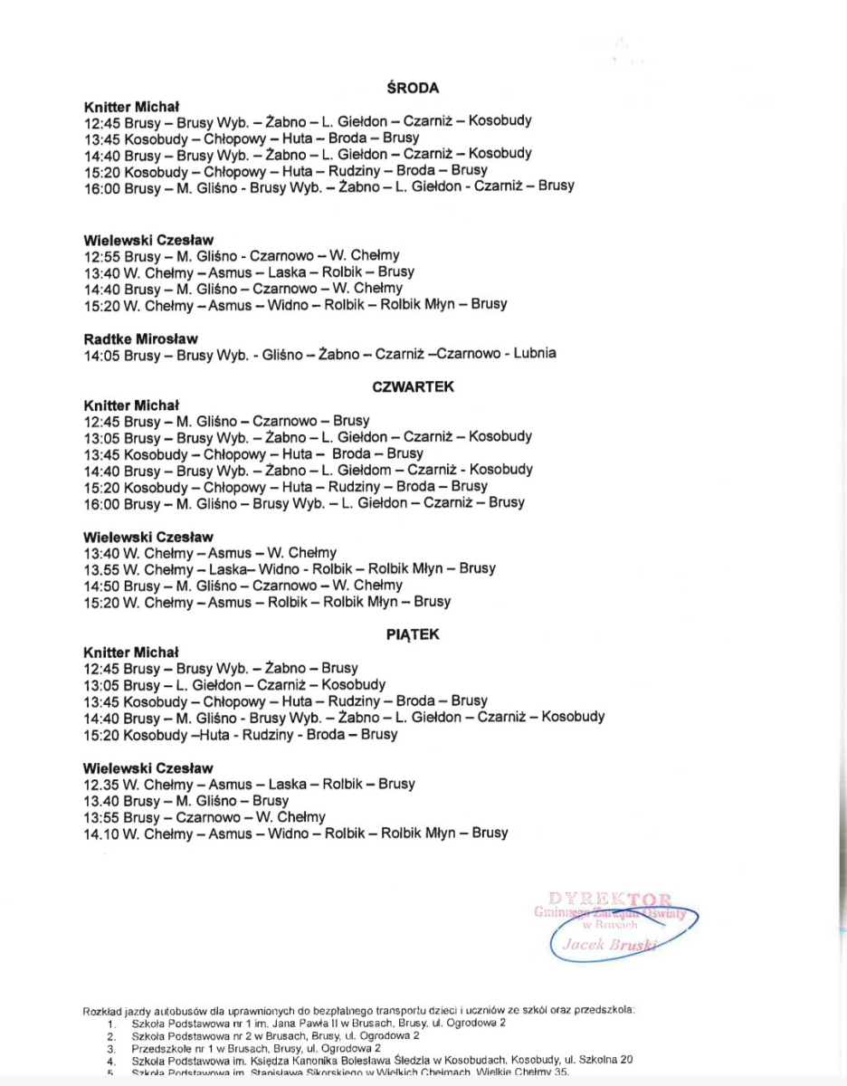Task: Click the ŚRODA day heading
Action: click(413, 88)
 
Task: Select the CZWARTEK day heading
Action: click(413, 386)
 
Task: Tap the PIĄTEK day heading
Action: click(413, 634)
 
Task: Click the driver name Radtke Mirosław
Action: click(140, 338)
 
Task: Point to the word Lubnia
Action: click(535, 353)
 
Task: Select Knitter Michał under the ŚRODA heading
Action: click(131, 105)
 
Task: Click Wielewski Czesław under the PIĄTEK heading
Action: click(148, 768)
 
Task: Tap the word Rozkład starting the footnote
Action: click(102, 1009)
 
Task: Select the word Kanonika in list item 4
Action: click(293, 1060)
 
